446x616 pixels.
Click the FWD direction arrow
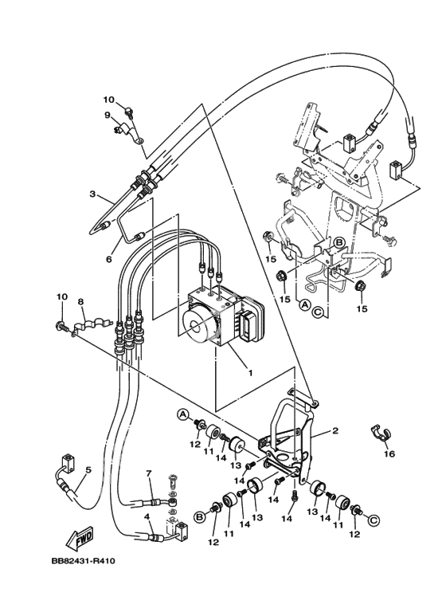(80, 538)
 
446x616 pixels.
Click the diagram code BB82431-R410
(84, 560)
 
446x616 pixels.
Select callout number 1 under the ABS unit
(250, 371)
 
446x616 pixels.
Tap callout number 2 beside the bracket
(334, 430)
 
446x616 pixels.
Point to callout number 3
(92, 194)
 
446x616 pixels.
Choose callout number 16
(389, 453)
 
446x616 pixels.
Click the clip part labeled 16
(378, 432)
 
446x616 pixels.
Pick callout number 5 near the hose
(88, 469)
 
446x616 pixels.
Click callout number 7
(148, 473)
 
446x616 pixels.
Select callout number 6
(109, 259)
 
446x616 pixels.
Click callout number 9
(108, 115)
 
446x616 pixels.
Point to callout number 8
(80, 302)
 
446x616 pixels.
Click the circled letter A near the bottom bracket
(182, 414)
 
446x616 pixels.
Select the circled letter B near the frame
(338, 242)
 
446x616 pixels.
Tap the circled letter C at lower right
(374, 520)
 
